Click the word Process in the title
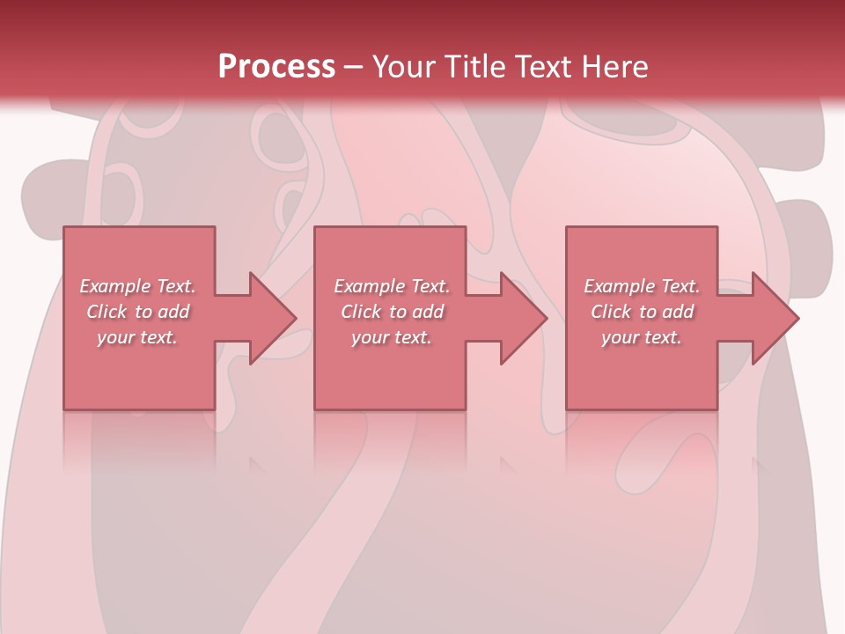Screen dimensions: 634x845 click(276, 67)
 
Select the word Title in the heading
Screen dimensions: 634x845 click(478, 67)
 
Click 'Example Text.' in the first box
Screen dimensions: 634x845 click(138, 286)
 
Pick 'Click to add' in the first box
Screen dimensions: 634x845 click(138, 312)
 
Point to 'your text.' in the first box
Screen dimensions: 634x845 click(138, 337)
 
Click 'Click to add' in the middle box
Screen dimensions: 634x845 click(392, 312)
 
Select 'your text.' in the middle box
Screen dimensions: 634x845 click(392, 337)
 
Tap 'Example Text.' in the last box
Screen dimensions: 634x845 click(642, 286)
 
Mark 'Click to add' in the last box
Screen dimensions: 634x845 click(642, 312)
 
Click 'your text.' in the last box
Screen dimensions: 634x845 click(642, 337)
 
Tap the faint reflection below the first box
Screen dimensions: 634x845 click(139, 440)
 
